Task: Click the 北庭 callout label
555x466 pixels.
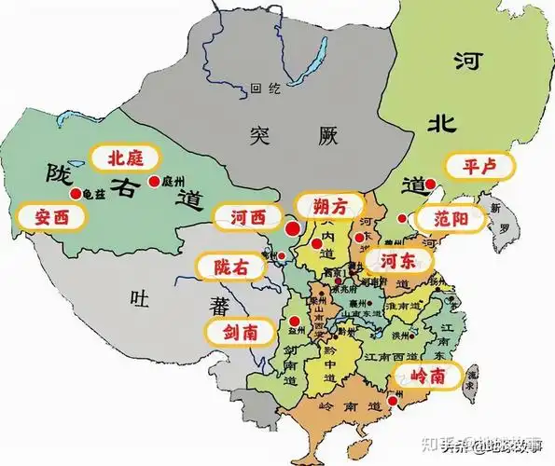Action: click(125, 158)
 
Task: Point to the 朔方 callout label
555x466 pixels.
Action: click(326, 204)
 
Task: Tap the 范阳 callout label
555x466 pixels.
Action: click(451, 219)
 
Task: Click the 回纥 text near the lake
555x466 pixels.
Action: click(266, 90)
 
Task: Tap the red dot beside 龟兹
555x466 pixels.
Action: click(75, 193)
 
